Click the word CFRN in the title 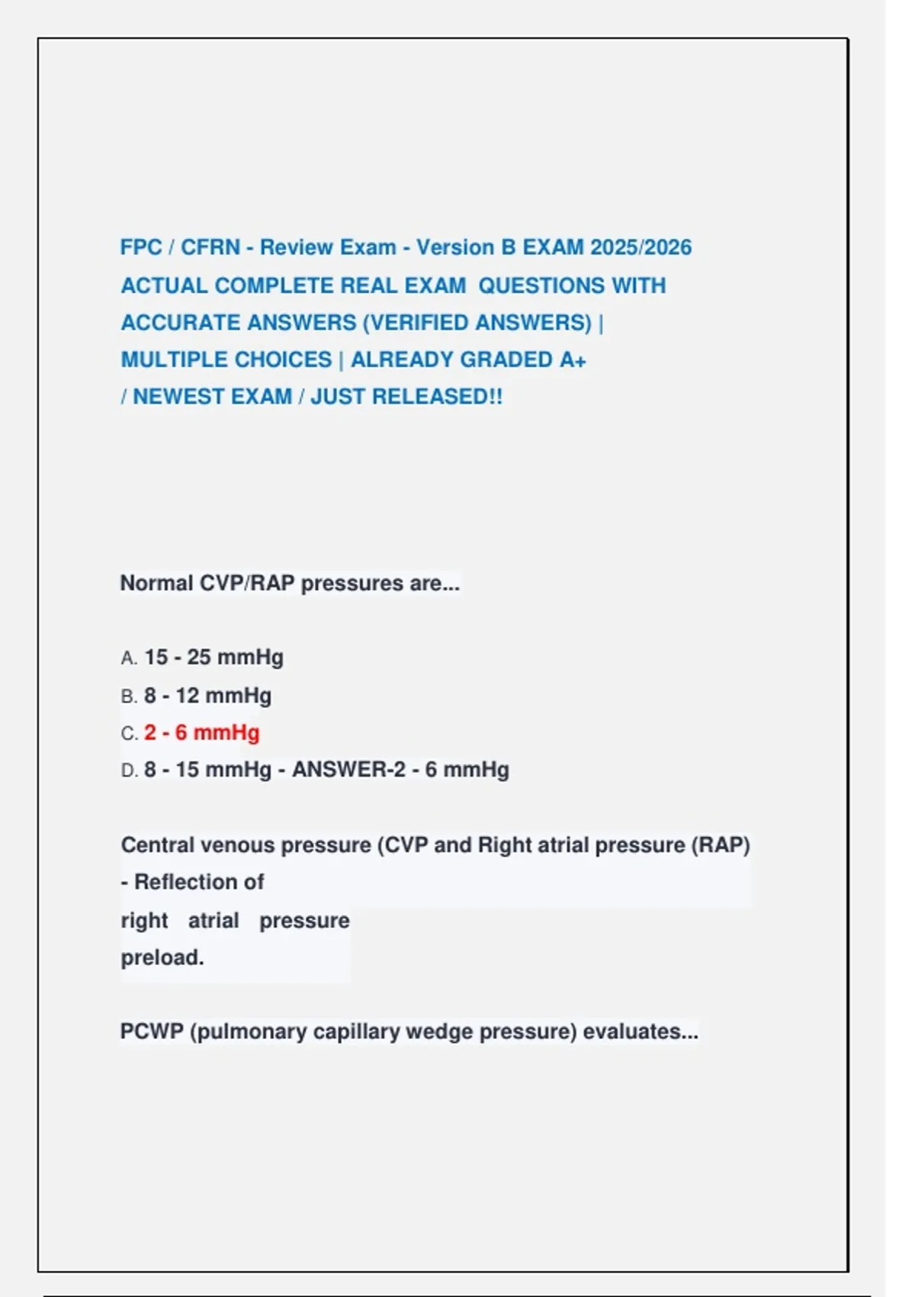point(210,248)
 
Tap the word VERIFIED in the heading point(417,323)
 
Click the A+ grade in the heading point(573,360)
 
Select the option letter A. point(128,658)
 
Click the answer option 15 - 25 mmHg point(213,658)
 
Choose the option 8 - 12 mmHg point(207,696)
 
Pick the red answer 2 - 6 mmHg point(201,733)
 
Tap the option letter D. point(128,771)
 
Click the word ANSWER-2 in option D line point(348,770)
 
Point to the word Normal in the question point(156,584)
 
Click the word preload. point(162,957)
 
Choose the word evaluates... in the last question point(640,1032)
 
